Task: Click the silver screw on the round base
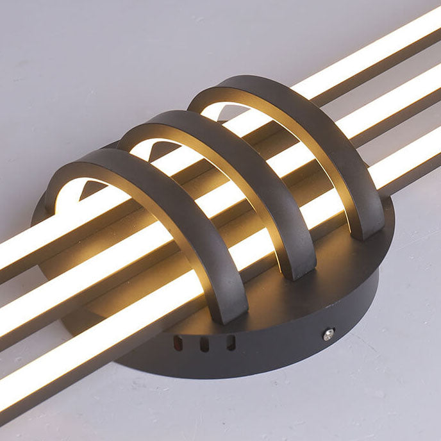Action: coord(328,333)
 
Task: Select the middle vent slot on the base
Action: coord(204,345)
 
